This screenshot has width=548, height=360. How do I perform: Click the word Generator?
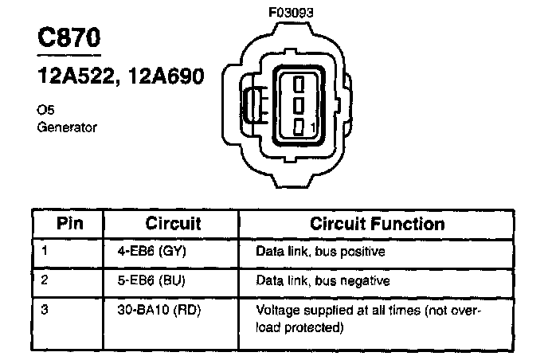67,127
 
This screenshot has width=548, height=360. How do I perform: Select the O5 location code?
45,112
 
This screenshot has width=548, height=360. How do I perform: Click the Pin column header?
70,223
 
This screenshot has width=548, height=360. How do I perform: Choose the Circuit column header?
173,223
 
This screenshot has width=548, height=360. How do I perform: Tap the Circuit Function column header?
377,223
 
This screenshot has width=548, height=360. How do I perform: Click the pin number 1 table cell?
44,252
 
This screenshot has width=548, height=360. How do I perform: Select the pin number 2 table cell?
45,280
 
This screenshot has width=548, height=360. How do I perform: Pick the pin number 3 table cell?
45,309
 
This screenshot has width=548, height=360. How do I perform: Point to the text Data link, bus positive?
320,252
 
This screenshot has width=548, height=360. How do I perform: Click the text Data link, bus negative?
323,280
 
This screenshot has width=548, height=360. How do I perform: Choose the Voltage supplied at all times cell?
369,317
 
